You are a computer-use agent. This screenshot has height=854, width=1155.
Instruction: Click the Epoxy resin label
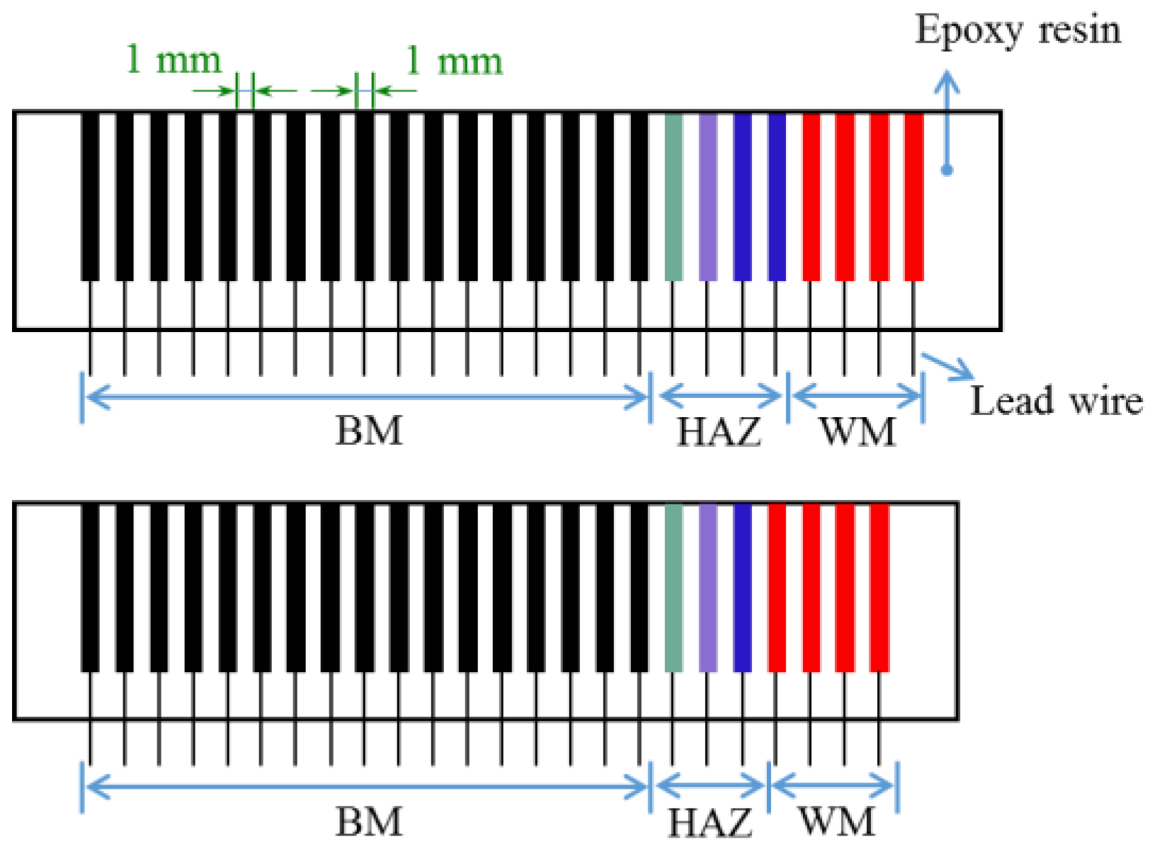pos(1018,31)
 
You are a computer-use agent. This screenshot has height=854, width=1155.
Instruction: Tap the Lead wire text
pos(1055,402)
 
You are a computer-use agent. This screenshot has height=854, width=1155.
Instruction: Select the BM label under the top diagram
pos(368,431)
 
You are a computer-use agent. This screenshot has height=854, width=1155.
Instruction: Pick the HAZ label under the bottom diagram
pos(710,823)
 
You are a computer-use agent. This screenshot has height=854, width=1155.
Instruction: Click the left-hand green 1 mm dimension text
pos(173,59)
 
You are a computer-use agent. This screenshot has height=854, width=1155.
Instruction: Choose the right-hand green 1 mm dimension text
pos(454,61)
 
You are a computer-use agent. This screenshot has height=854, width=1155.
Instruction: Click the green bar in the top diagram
pos(673,197)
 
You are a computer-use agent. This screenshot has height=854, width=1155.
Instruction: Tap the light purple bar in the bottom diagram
pos(707,588)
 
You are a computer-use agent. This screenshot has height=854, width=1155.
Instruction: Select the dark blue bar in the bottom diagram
pos(742,588)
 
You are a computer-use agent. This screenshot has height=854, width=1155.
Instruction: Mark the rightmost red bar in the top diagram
pos(914,197)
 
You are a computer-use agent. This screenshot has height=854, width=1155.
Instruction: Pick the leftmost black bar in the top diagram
pos(90,197)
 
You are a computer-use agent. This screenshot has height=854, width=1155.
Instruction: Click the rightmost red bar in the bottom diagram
pos(879,588)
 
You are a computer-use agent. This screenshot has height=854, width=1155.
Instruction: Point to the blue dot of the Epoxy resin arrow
pos(947,170)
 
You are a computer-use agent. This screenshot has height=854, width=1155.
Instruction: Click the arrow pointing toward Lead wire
pos(946,365)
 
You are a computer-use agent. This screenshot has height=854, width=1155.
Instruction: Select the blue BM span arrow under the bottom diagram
pos(366,786)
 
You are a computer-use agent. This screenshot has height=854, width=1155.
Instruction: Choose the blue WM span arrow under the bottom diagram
pos(833,786)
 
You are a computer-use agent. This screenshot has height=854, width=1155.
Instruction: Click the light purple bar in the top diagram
pos(707,197)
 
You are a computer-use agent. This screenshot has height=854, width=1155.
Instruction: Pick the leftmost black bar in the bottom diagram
pos(90,588)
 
